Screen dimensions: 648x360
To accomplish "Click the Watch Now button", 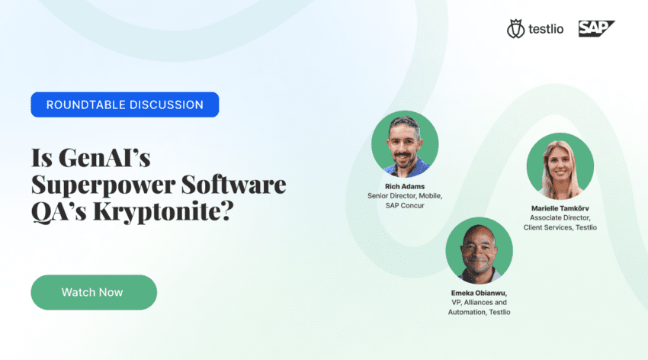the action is point(94,292).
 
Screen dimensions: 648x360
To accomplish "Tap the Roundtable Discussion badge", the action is point(125,104).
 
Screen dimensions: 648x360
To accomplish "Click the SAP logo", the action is point(596,28).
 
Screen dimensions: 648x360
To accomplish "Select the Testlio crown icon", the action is point(516,28).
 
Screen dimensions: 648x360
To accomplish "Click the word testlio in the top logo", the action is point(546,29).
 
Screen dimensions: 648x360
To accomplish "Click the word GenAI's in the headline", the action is point(104,157).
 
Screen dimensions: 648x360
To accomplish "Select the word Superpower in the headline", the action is point(104,185).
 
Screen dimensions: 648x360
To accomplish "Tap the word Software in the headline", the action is point(233,185).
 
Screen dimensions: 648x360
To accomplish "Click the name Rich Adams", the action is point(405,186).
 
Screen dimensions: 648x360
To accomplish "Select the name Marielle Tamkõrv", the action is point(560,208).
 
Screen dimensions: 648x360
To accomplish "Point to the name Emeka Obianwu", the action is point(479,293).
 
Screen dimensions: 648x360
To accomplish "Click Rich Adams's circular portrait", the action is point(405,144).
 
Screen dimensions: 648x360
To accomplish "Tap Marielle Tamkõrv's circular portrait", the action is point(560,166).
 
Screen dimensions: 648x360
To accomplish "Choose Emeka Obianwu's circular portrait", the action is point(479,250).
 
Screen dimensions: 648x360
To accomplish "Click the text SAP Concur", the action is point(405,205).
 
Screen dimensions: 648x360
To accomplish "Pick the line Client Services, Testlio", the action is point(560,227).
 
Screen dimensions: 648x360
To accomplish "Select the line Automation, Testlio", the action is point(479,312).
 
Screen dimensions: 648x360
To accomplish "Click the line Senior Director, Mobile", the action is point(405,196).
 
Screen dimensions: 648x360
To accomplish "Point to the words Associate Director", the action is point(560,218).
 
